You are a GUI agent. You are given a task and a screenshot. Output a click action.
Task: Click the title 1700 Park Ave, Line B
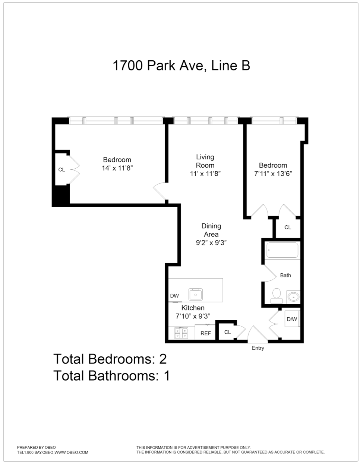(x=181, y=66)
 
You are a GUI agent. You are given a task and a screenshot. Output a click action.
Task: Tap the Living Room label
(x=205, y=161)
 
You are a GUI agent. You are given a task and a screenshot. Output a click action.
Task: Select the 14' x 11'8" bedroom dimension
(x=117, y=168)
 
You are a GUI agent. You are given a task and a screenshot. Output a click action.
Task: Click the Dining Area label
(x=211, y=230)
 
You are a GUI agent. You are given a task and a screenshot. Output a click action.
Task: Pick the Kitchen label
(x=193, y=308)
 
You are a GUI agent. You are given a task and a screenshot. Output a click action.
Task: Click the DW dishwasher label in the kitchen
(x=174, y=296)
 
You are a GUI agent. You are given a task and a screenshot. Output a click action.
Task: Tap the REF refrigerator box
(x=206, y=333)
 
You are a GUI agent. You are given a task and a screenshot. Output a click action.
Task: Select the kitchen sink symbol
(x=195, y=294)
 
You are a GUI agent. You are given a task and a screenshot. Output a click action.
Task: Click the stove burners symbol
(x=181, y=333)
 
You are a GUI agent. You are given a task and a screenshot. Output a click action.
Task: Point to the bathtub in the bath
(x=282, y=251)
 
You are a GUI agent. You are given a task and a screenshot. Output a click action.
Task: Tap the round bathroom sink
(x=293, y=297)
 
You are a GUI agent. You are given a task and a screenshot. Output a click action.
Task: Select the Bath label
(x=285, y=275)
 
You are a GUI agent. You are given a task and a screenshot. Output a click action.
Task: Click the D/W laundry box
(x=292, y=319)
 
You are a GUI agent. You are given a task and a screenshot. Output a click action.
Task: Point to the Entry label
(x=258, y=348)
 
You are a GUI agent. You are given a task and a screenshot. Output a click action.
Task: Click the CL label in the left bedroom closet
(x=61, y=170)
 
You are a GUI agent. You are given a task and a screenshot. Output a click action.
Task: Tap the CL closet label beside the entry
(x=227, y=332)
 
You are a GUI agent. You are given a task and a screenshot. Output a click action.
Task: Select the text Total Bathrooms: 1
(x=112, y=375)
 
